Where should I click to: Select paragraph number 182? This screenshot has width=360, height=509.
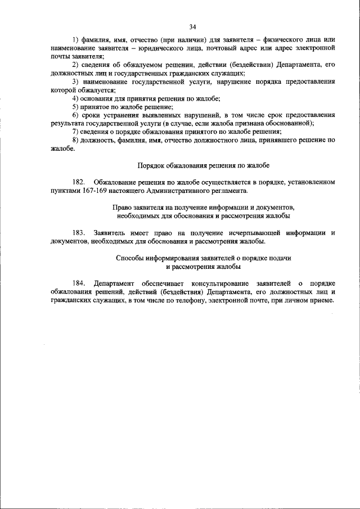tap(78, 183)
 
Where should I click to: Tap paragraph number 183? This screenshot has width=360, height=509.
tap(78, 232)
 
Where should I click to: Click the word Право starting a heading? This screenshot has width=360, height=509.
tap(122, 208)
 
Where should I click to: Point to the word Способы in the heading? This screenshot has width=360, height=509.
tap(129, 258)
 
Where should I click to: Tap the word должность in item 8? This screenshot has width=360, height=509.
tap(99, 139)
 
